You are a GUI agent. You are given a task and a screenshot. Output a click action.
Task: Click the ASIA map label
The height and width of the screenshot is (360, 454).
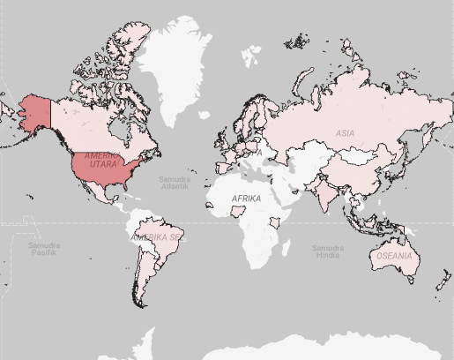(345, 133)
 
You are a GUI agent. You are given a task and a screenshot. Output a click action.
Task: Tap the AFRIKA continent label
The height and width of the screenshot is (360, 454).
(246, 199)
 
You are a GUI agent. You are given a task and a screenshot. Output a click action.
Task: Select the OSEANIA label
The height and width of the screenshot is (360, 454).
(393, 256)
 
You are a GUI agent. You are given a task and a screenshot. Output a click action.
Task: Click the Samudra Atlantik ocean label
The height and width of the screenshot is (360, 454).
(174, 183)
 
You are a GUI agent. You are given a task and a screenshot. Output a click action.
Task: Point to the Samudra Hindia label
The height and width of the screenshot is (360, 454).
(325, 251)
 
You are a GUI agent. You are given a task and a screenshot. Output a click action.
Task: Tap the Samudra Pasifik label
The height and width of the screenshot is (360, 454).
(43, 249)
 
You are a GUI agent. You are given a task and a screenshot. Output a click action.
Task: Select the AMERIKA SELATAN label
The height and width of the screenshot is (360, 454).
(157, 238)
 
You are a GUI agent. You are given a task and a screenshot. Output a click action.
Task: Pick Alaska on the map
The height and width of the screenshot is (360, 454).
(33, 113)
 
